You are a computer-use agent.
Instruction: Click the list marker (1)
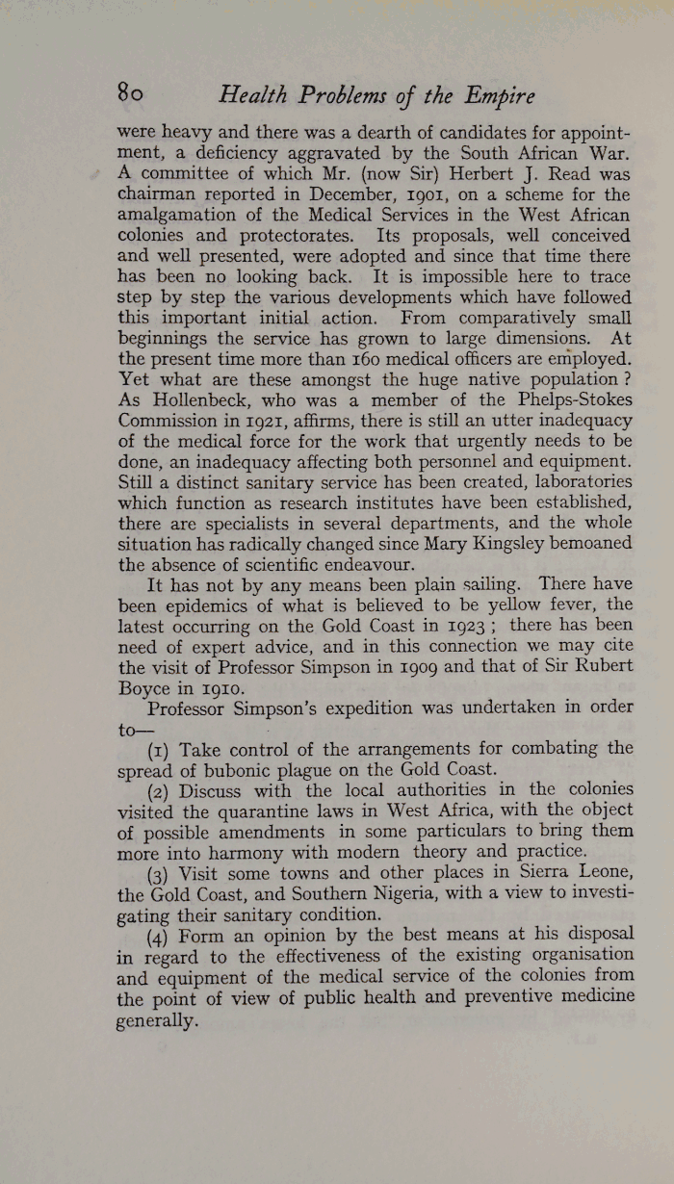(x=162, y=749)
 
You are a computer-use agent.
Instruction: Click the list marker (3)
(x=162, y=872)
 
